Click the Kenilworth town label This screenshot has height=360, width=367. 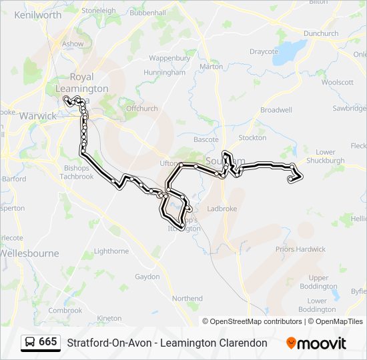coord(37,14)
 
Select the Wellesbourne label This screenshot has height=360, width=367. coord(29,253)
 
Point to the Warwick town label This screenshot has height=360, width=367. coord(38,116)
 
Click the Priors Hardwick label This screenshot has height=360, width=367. coord(302,249)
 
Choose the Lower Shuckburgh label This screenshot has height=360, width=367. coord(326,156)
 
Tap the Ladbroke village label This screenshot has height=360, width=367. coord(222,209)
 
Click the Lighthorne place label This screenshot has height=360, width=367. coord(111,251)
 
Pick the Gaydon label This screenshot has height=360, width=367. coord(147,276)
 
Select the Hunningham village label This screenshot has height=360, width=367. coord(164,72)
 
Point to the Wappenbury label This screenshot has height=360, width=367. coord(169,58)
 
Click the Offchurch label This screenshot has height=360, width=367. coord(141,108)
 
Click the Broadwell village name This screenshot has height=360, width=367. coord(276,109)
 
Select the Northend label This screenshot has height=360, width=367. coord(187,299)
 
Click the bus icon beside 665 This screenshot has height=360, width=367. coord(30,342)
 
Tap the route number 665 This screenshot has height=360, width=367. coord(47,342)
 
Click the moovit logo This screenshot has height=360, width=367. coord(316,343)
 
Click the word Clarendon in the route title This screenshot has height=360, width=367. coord(239,343)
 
